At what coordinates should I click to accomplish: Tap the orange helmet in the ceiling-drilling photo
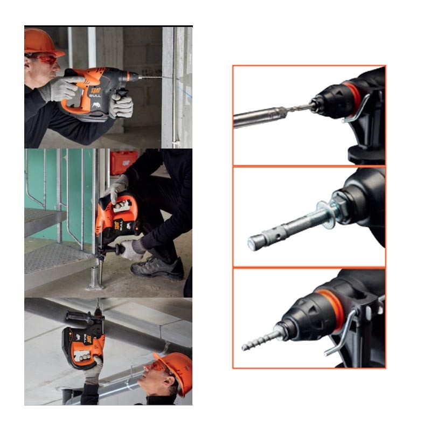(x=176, y=370)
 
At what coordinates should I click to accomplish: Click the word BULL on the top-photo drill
(x=95, y=95)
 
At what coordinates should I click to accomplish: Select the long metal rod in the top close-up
(x=256, y=117)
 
